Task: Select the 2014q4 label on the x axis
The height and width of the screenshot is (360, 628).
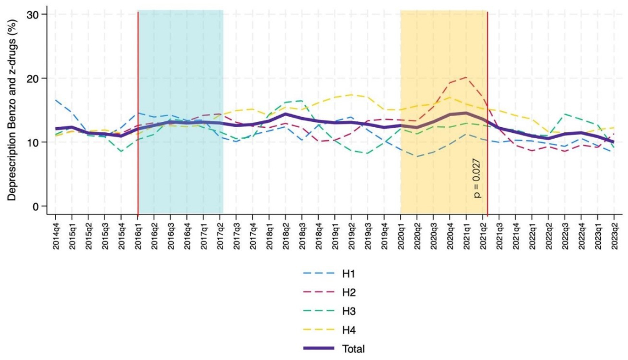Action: [x=55, y=234]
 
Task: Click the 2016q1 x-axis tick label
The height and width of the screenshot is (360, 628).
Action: [x=138, y=234]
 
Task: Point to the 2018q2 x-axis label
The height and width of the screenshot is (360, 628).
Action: [x=286, y=234]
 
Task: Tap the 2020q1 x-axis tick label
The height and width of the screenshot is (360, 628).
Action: [x=401, y=234]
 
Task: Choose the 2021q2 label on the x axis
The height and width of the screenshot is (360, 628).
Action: [x=483, y=234]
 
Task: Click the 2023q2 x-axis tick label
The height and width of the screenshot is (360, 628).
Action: [x=614, y=234]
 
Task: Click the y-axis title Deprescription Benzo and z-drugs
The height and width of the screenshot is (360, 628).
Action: [x=11, y=113]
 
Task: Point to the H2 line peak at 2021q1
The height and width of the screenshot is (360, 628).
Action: [x=466, y=77]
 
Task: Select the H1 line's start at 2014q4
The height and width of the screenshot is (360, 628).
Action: [x=55, y=100]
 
